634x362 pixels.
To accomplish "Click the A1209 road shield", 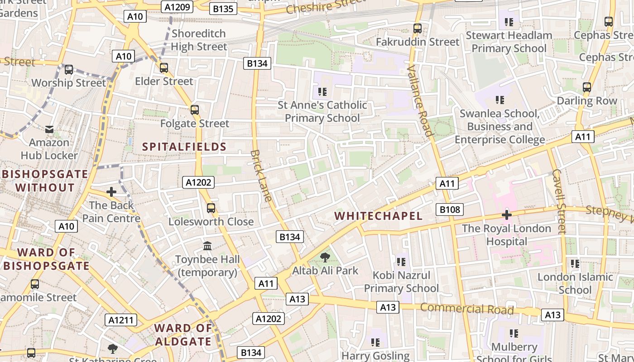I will click(178, 7).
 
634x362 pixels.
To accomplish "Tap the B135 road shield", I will click(223, 9).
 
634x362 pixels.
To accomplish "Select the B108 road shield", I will click(450, 209).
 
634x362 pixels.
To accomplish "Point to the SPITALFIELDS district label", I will click(184, 147).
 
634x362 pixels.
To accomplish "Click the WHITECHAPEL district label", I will click(379, 216).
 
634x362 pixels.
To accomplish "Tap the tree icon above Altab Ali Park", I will click(325, 257).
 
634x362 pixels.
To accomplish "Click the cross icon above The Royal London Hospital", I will click(506, 215).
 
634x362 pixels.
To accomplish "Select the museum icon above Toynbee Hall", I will click(207, 246).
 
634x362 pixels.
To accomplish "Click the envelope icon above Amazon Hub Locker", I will click(49, 129).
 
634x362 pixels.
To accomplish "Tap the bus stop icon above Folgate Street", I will click(195, 110).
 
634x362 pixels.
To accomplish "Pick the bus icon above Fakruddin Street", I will click(418, 28).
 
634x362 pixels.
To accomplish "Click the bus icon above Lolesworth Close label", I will click(211, 208).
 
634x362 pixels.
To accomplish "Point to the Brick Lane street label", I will click(261, 176).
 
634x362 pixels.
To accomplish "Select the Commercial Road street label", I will click(467, 309).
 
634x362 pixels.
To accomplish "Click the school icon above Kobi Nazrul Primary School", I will click(401, 262).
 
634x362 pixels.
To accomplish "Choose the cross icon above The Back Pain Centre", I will click(111, 192).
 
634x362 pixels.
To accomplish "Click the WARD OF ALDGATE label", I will click(183, 334).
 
